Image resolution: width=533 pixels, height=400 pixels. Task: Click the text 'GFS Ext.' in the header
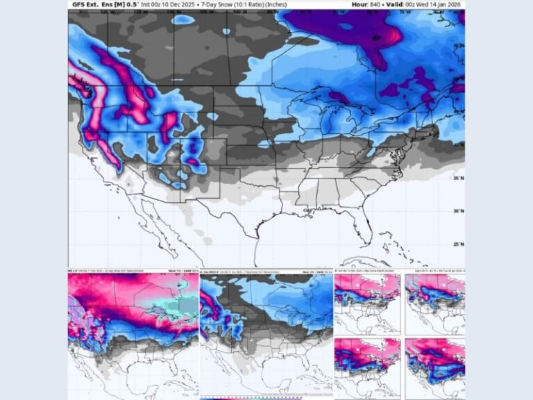(x=87, y=4)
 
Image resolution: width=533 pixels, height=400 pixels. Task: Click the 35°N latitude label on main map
(x=457, y=178)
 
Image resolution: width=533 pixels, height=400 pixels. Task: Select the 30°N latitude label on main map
(x=457, y=211)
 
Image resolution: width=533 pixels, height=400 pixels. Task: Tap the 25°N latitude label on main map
(x=457, y=244)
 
